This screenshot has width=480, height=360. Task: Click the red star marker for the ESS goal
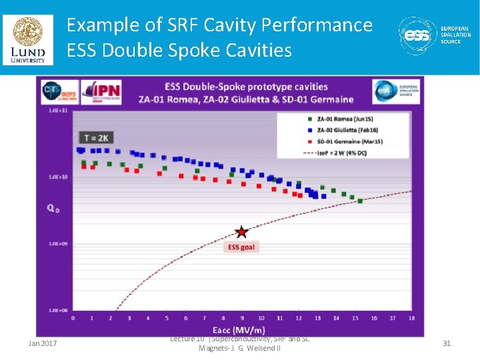pos(241,231)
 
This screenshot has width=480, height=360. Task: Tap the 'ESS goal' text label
pos(241,247)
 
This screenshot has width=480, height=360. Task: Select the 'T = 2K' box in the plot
pos(96,137)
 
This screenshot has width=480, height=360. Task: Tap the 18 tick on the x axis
pos(412,318)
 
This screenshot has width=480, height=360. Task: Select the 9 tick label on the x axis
pos(242,318)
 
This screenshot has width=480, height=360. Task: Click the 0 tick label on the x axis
pos(73,318)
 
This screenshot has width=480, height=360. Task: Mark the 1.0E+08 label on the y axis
pos(57,310)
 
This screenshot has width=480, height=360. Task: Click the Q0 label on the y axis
pos(53,208)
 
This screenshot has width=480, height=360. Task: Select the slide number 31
pos(447,343)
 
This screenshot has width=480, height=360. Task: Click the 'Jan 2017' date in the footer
pos(43,343)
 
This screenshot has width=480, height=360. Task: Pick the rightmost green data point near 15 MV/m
pos(360,201)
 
